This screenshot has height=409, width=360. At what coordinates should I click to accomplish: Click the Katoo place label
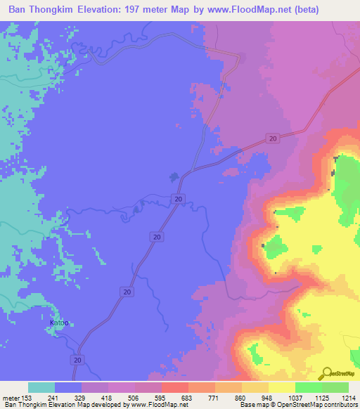(60, 323)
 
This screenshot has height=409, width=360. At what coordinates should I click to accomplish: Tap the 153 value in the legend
(26, 397)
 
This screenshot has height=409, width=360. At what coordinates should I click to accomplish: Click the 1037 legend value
(284, 397)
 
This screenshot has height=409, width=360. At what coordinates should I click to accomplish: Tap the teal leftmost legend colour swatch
(41, 387)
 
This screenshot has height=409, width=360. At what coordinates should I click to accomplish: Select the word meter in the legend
(10, 397)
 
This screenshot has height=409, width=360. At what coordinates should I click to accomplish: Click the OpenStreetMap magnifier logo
(326, 373)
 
